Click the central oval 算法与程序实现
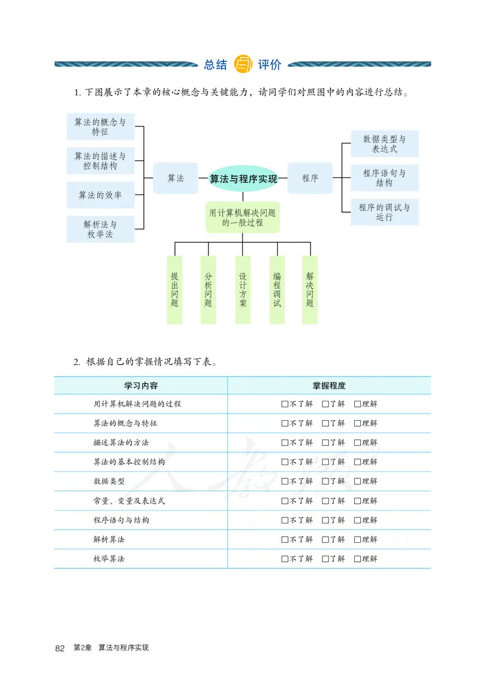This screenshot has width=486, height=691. pyautogui.click(x=243, y=179)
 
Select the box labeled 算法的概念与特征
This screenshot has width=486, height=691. pyautogui.click(x=100, y=127)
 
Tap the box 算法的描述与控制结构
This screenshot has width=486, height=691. pyautogui.click(x=100, y=162)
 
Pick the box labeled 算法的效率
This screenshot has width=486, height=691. pyautogui.click(x=100, y=195)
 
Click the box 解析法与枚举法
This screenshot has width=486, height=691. pyautogui.click(x=100, y=229)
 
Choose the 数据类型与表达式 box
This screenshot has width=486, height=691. pyautogui.click(x=385, y=144)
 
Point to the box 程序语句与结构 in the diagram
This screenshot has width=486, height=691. pyautogui.click(x=385, y=178)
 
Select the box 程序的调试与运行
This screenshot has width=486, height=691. pyautogui.click(x=385, y=212)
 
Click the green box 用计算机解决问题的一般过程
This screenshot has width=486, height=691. pyautogui.click(x=242, y=217)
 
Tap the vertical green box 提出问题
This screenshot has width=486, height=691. pyautogui.click(x=174, y=290)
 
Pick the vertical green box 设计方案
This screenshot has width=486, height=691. pyautogui.click(x=243, y=290)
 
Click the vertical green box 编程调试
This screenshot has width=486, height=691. pyautogui.click(x=277, y=290)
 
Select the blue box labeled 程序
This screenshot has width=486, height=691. pyautogui.click(x=310, y=179)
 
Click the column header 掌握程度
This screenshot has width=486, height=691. pyautogui.click(x=329, y=386)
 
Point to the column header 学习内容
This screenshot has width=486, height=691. pyautogui.click(x=140, y=386)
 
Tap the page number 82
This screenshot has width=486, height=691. pyautogui.click(x=60, y=648)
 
